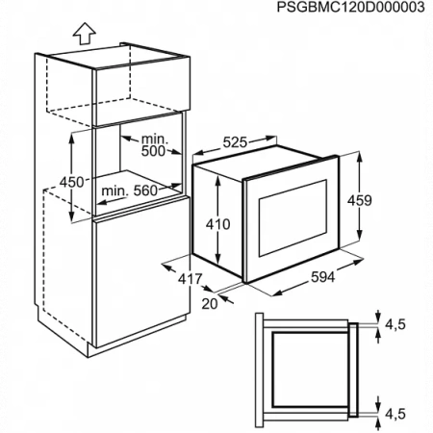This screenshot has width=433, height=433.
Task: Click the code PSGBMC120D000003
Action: point(350,7)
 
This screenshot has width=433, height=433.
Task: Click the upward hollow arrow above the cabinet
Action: point(85,34)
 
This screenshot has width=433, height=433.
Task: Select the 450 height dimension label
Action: point(72,182)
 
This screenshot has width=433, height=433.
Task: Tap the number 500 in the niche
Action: point(153,151)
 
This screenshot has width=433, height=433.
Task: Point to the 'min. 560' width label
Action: point(129,191)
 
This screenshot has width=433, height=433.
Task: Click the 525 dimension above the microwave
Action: point(235,142)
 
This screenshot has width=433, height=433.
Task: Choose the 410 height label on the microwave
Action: point(217,224)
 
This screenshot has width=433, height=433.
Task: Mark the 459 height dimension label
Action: point(360,200)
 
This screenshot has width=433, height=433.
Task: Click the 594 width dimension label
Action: point(323,277)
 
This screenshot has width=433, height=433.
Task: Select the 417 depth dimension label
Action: point(191,279)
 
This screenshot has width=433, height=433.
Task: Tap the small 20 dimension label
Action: point(210,304)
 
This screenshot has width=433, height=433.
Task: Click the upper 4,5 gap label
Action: point(395,324)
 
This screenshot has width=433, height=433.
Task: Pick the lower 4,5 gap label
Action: point(395,414)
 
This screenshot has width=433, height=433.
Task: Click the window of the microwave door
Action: point(293,218)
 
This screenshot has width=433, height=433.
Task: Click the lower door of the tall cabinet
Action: point(140,272)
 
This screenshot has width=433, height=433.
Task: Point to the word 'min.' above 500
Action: point(155,139)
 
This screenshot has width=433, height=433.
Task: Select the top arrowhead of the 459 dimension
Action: point(360,157)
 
